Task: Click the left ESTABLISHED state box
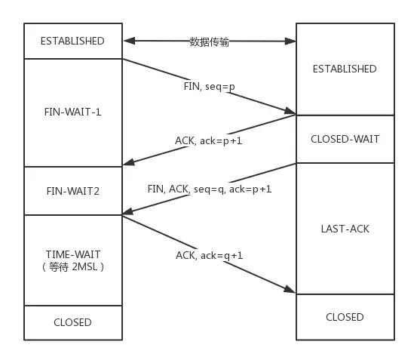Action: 73,41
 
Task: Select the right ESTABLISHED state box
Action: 345,69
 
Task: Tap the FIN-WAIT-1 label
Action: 73,112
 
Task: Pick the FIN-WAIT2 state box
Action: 73,191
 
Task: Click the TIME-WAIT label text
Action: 73,254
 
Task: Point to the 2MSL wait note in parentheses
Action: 73,266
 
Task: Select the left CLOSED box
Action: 73,322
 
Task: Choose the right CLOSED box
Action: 345,317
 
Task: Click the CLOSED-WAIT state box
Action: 345,139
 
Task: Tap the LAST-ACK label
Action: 345,228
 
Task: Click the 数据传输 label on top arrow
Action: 209,42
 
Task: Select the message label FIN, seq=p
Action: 209,86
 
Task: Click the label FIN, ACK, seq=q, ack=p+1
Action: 210,189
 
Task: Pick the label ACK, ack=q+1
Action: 210,255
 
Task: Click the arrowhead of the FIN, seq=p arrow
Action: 291,112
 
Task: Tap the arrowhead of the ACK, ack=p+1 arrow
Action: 127,162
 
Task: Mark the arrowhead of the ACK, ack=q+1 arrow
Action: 291,291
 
